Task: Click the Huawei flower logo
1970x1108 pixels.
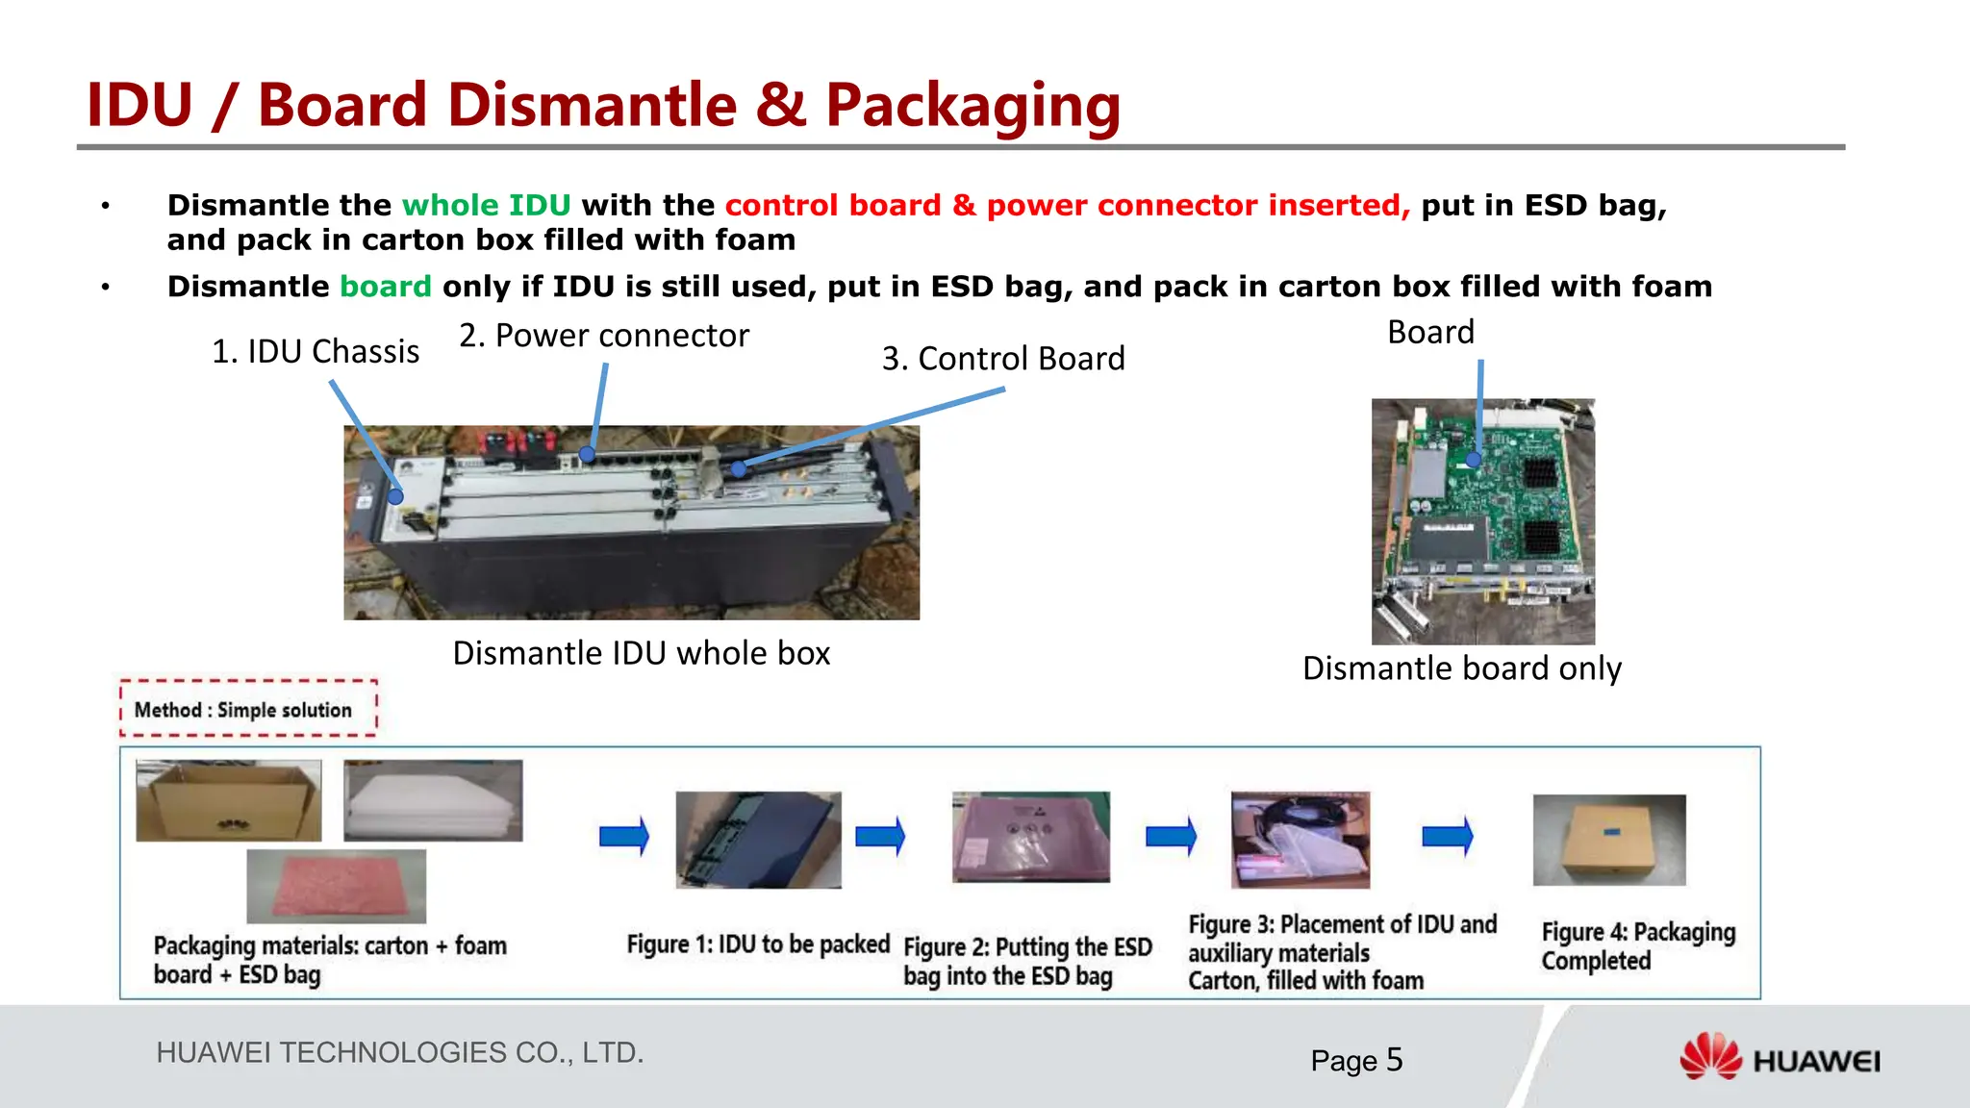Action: (x=1710, y=1057)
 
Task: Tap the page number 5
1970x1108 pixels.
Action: (x=1394, y=1060)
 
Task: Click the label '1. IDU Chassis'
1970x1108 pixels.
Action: (x=316, y=352)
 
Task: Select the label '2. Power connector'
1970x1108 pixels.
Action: (x=603, y=336)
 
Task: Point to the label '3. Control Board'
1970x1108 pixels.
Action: (x=1003, y=359)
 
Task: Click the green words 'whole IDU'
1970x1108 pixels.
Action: (x=486, y=205)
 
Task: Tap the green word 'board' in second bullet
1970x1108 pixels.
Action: (x=386, y=287)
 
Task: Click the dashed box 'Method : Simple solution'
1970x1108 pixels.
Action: (x=248, y=709)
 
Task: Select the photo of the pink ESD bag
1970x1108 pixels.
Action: (x=336, y=886)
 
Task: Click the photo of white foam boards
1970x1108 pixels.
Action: (x=433, y=800)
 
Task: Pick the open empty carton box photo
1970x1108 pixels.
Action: (x=228, y=800)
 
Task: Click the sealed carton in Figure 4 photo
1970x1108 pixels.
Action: (x=1608, y=840)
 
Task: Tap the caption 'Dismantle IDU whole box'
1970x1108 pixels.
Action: (x=641, y=653)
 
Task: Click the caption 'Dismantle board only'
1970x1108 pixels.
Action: (x=1461, y=668)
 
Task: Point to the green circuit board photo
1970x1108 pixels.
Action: (x=1482, y=520)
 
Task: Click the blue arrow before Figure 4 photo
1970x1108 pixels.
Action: (x=1447, y=836)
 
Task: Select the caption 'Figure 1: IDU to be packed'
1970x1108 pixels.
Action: (x=757, y=944)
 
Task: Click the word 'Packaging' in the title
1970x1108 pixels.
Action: (x=972, y=104)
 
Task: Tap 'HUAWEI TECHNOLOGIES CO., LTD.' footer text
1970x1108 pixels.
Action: (x=399, y=1052)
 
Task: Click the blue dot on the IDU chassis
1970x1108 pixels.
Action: (x=395, y=497)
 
